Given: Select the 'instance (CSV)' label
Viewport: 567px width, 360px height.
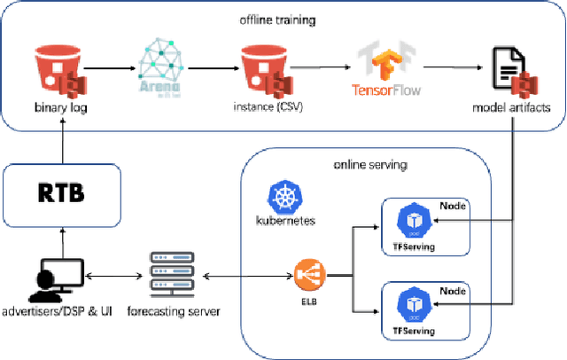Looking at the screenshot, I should click(266, 108).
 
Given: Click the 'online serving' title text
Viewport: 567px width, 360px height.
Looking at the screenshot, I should click(366, 165).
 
